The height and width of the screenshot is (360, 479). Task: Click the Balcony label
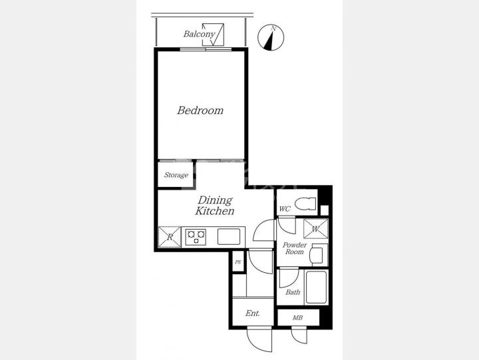pyautogui.click(x=199, y=34)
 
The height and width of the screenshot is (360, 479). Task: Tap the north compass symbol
pyautogui.click(x=271, y=37)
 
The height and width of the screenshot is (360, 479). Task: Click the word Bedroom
pyautogui.click(x=200, y=110)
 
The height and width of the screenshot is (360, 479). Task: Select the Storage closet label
pyautogui.click(x=176, y=175)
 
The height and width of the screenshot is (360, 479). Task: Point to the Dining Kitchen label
pyautogui.click(x=215, y=206)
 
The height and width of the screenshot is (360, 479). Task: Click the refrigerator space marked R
pyautogui.click(x=170, y=237)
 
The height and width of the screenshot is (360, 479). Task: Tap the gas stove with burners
pyautogui.click(x=196, y=237)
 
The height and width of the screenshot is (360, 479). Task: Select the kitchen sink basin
pyautogui.click(x=229, y=237)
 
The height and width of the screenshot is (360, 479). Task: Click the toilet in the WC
pyautogui.click(x=305, y=204)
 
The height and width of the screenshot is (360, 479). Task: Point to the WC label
pyautogui.click(x=285, y=209)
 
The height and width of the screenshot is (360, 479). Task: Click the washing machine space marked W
pyautogui.click(x=315, y=229)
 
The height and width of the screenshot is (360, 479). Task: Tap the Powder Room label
pyautogui.click(x=295, y=248)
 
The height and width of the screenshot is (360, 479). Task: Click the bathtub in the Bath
pyautogui.click(x=316, y=287)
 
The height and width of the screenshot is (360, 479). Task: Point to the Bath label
pyautogui.click(x=293, y=292)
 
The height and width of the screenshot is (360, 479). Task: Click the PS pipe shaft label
pyautogui.click(x=238, y=262)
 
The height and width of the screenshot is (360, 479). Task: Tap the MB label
pyautogui.click(x=297, y=318)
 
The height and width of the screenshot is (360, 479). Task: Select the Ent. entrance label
pyautogui.click(x=253, y=313)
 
